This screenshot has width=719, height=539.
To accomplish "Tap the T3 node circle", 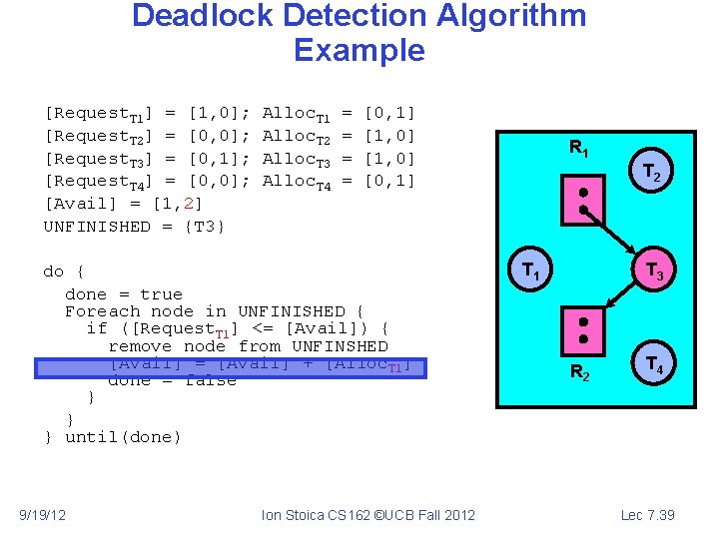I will (x=654, y=269).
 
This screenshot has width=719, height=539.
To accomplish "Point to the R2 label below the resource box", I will (x=579, y=373).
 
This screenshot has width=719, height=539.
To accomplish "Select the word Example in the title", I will (x=359, y=50).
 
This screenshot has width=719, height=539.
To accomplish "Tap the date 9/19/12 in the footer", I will (x=43, y=514).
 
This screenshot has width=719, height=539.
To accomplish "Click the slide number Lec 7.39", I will (x=647, y=514).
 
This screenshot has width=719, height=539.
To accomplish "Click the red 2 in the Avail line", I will (x=191, y=204).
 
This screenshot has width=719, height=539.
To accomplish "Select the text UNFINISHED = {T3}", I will (x=135, y=227).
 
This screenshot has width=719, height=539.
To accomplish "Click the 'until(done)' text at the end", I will (x=123, y=437).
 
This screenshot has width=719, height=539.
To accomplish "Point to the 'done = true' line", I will (x=124, y=294).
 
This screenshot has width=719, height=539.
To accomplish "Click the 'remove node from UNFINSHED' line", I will (x=248, y=346).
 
